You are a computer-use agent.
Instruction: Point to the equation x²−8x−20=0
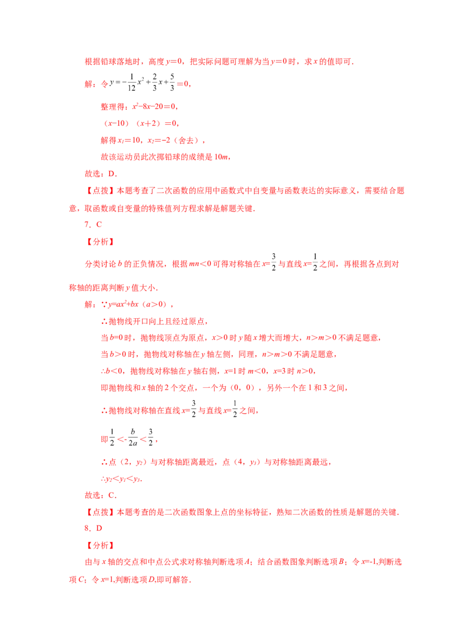point(153,106)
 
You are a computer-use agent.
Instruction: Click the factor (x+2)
point(149,123)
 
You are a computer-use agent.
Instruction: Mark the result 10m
point(221,157)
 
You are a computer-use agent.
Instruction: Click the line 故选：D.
point(101,173)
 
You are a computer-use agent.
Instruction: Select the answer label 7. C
point(93,224)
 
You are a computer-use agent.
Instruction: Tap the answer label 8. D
point(93,528)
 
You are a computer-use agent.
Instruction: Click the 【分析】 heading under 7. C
point(100,242)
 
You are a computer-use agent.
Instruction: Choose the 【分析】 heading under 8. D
point(100,545)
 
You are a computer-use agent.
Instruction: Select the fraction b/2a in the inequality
point(133,437)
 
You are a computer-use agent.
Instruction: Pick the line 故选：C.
point(101,495)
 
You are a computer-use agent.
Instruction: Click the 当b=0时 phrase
point(117,337)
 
